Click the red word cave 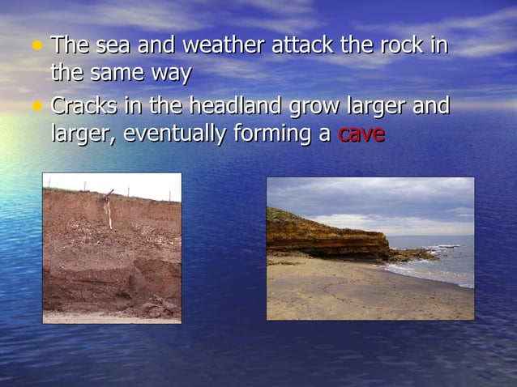pos(361,134)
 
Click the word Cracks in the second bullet pos(84,106)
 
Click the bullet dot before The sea pos(37,45)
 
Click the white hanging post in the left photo pos(108,210)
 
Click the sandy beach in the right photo pos(357,291)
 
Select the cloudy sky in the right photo pos(373,198)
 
